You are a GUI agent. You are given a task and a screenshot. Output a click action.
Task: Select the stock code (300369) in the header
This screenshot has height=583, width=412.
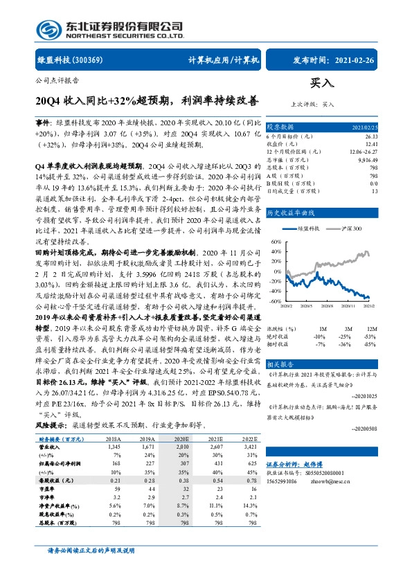(89, 61)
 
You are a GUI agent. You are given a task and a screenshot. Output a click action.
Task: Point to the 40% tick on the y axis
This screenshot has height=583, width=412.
(276, 252)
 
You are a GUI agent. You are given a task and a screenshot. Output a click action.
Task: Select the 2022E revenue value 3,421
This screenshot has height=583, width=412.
(238, 447)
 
